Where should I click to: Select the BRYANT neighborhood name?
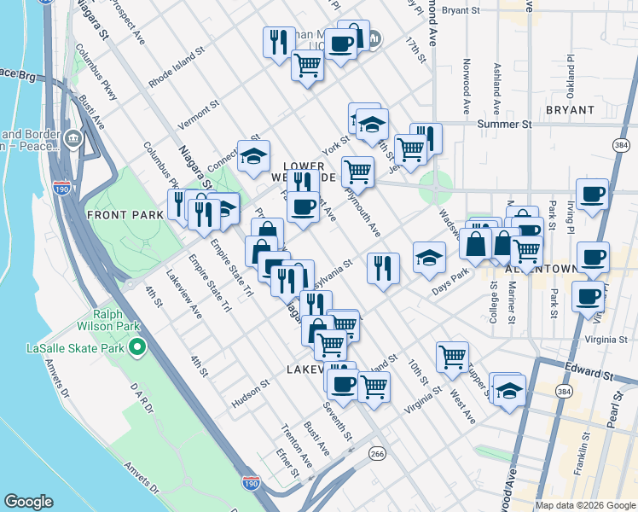click(x=570, y=110)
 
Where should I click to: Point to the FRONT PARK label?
click(x=125, y=215)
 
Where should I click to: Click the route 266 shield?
click(x=377, y=454)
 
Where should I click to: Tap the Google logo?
click(x=28, y=502)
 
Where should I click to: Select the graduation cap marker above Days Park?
click(x=429, y=257)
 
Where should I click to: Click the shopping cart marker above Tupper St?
click(x=452, y=356)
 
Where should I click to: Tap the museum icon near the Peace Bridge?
click(x=72, y=137)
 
